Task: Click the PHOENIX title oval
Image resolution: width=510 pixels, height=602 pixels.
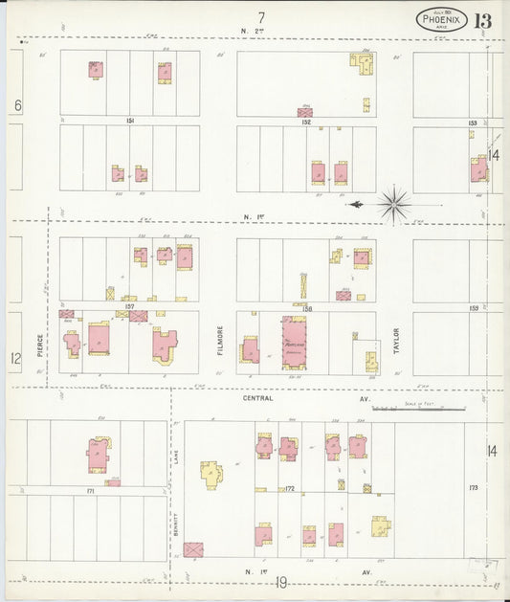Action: [441, 19]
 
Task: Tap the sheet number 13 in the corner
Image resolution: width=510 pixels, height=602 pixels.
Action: [481, 20]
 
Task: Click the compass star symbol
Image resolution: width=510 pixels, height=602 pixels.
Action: [393, 203]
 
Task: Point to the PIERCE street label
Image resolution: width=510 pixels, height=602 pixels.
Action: [39, 346]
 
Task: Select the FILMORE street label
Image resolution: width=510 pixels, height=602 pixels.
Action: [219, 342]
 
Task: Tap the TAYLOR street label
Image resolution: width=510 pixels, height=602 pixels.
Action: [394, 342]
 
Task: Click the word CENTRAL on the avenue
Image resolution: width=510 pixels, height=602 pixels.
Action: [257, 397]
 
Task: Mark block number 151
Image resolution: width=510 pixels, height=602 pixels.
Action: [129, 121]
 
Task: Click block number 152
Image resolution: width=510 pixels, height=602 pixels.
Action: [306, 122]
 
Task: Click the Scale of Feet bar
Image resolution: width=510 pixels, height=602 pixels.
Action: [418, 409]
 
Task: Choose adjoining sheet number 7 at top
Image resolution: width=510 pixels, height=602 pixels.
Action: [260, 16]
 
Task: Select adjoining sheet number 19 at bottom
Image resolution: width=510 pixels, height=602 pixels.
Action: [281, 582]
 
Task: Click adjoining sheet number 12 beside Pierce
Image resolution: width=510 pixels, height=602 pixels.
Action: [15, 358]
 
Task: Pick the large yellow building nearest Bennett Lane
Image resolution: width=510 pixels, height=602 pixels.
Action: [211, 474]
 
